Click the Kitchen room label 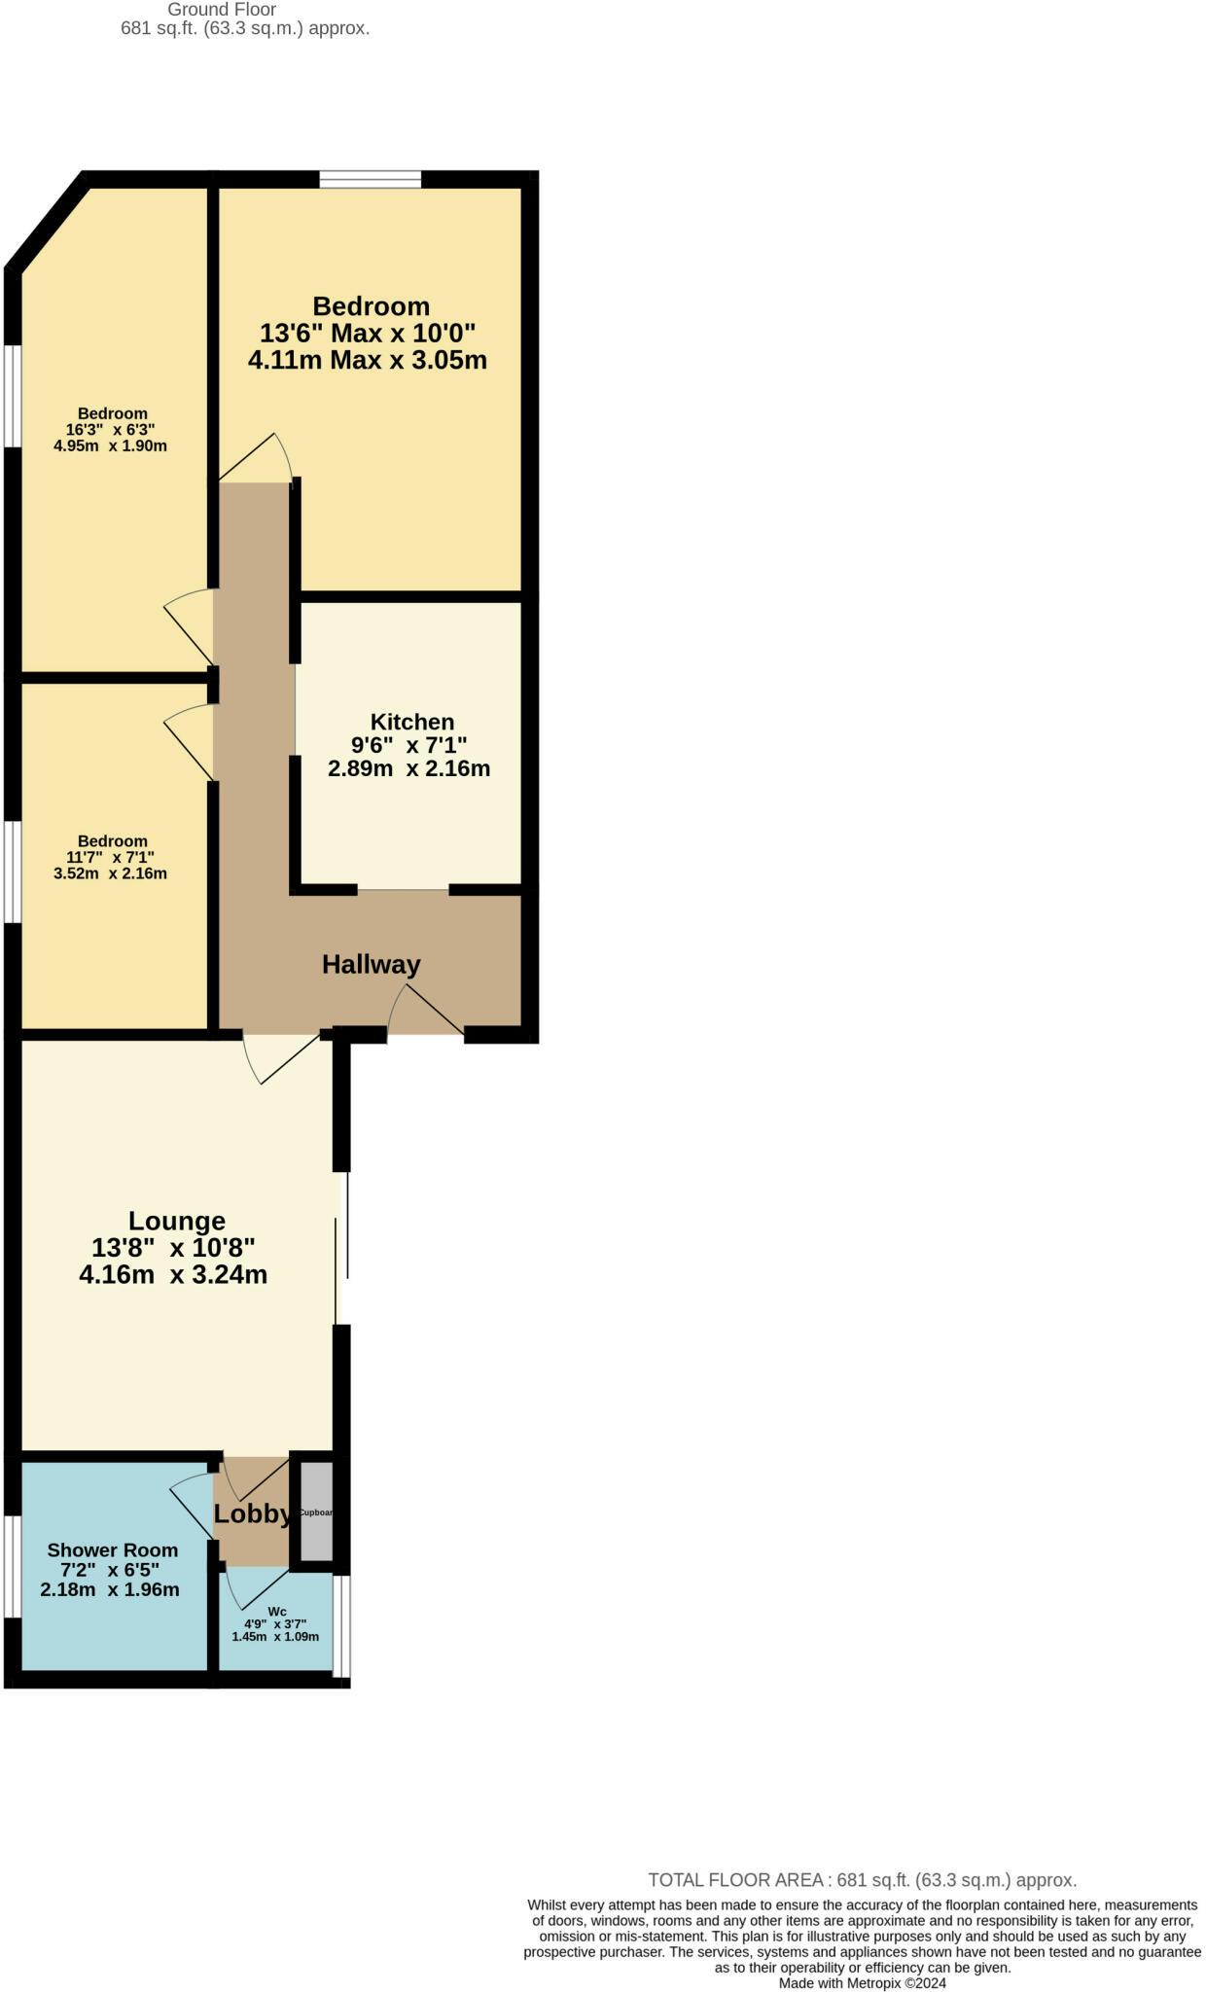[x=411, y=722]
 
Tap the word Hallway [x=371, y=964]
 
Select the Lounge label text [x=176, y=1221]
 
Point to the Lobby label [x=251, y=1513]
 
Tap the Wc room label [x=276, y=1612]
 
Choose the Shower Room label [x=112, y=1550]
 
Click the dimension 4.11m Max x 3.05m [x=368, y=360]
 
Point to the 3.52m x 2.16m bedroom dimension [x=110, y=873]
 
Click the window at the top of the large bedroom [x=370, y=179]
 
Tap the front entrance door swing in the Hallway [x=425, y=1012]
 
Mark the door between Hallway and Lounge [x=282, y=1057]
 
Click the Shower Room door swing [x=193, y=1503]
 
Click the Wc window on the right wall [x=340, y=1625]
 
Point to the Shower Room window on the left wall [x=13, y=1566]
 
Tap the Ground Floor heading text [x=222, y=10]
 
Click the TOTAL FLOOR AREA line [x=862, y=1880]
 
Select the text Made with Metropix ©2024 [x=862, y=1982]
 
